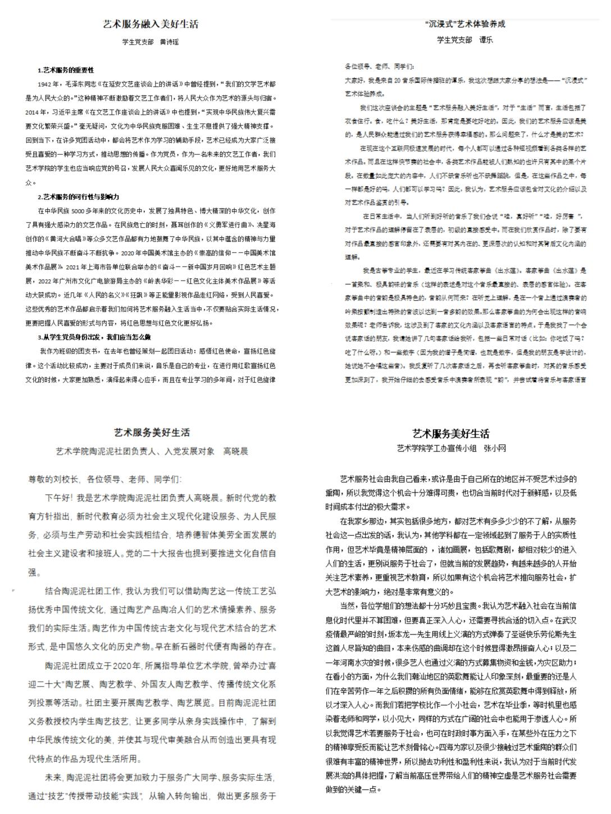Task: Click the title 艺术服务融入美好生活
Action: click(151, 24)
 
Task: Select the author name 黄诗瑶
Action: click(169, 42)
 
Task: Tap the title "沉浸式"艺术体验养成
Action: click(466, 24)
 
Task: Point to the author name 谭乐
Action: click(486, 40)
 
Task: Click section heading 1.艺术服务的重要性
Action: click(66, 70)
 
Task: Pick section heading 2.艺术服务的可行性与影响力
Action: click(78, 197)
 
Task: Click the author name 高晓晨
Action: click(235, 451)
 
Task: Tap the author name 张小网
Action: click(494, 448)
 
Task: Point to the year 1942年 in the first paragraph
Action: click(48, 84)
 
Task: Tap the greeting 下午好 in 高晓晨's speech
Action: click(58, 498)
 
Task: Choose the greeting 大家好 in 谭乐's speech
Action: click(353, 80)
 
